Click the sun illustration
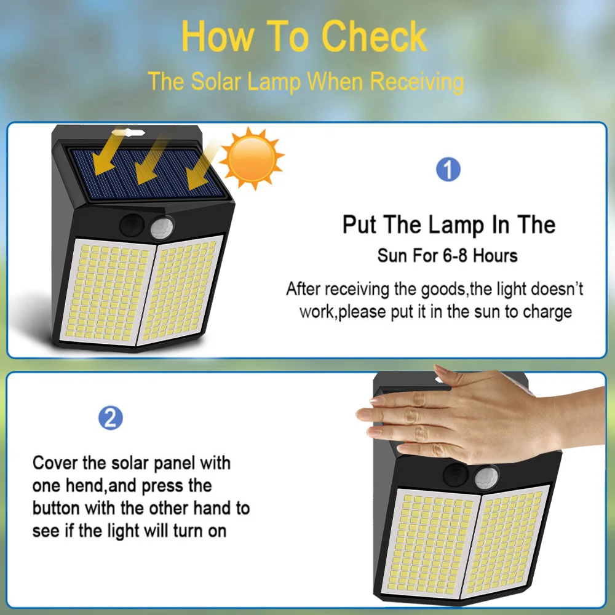[x=252, y=158]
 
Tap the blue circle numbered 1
[x=448, y=170]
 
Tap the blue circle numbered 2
[x=111, y=418]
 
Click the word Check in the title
[x=374, y=36]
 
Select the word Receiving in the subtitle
[x=417, y=82]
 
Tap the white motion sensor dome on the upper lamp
[x=162, y=228]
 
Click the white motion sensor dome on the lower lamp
[x=486, y=478]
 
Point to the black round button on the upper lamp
[x=132, y=226]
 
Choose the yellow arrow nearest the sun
[x=202, y=164]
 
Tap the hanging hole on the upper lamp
[x=129, y=132]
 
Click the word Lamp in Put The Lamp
[x=456, y=226]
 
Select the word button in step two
[x=56, y=508]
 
